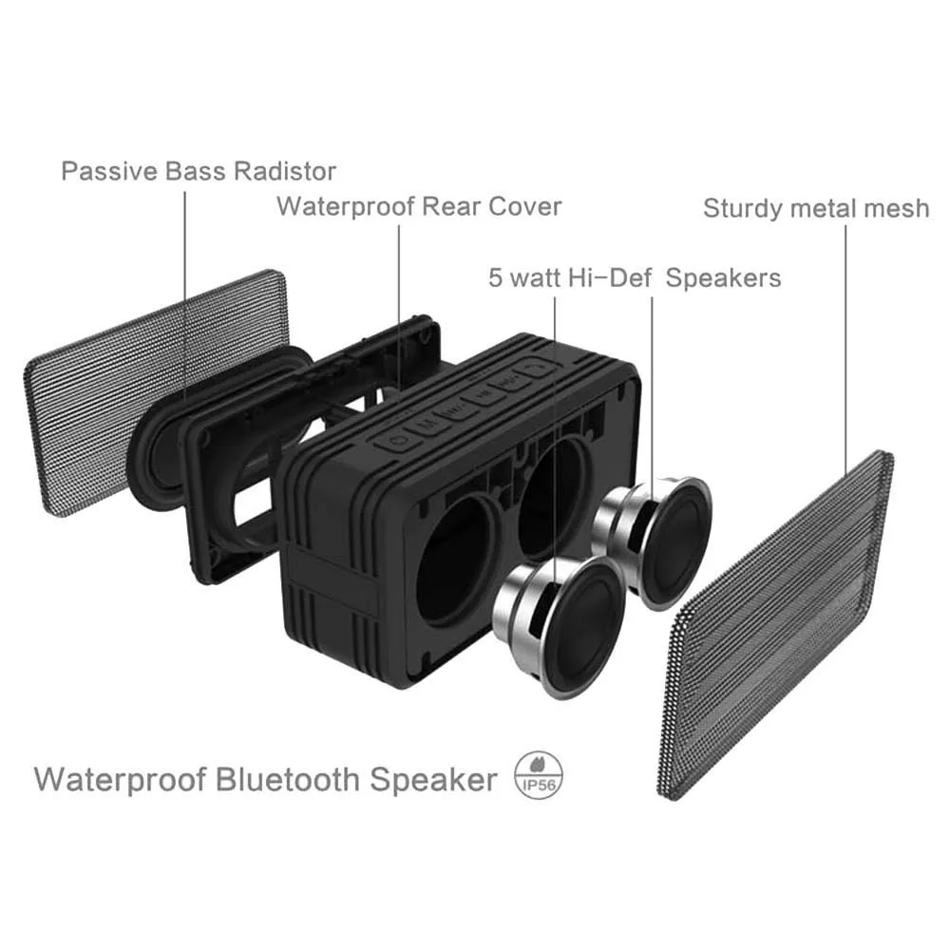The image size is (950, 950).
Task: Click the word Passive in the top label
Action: pyautogui.click(x=104, y=172)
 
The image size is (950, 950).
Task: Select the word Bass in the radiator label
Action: pyautogui.click(x=189, y=172)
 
